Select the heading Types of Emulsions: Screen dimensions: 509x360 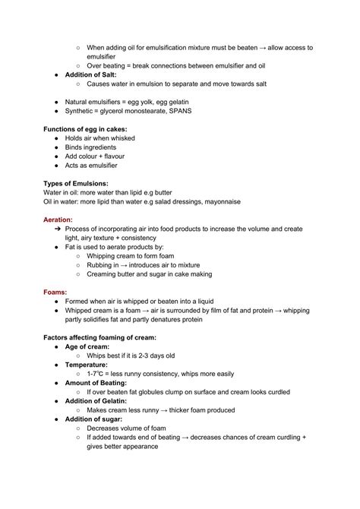point(75,183)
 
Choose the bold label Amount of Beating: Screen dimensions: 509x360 point(99,383)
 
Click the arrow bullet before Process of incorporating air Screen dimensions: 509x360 point(58,229)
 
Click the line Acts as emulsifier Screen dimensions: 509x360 point(91,165)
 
